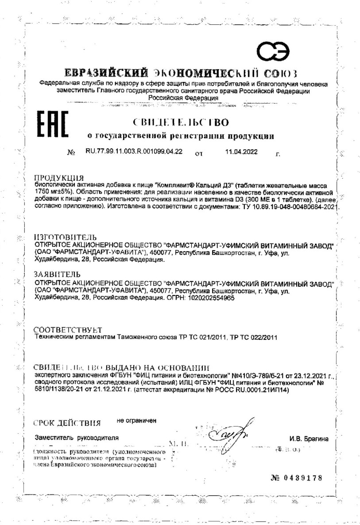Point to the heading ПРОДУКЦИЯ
[x=59, y=178]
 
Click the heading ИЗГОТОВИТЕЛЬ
[x=65, y=237]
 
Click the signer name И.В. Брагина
[x=309, y=439]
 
